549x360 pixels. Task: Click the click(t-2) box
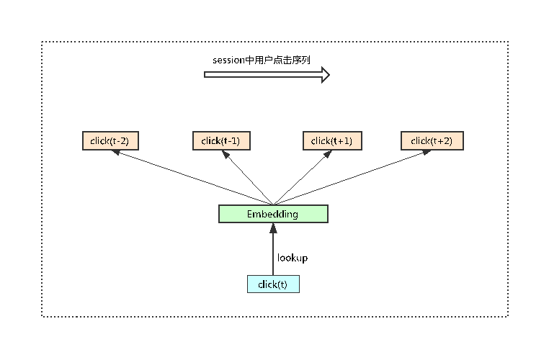[x=110, y=141]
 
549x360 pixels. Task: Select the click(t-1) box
[x=221, y=141]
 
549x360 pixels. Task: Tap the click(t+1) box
[x=331, y=141]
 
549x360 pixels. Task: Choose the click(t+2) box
[x=432, y=141]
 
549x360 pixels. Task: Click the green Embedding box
[x=273, y=214]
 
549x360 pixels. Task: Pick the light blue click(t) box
[x=273, y=284]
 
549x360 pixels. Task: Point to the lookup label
[x=293, y=258]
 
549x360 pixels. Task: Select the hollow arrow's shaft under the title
[x=259, y=74]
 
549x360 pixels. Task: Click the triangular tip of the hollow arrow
[x=326, y=74]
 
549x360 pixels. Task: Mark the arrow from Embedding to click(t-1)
[x=249, y=179]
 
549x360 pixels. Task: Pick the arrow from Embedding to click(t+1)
[x=298, y=179]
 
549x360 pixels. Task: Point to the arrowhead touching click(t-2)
[x=115, y=153]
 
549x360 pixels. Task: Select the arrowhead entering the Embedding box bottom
[x=273, y=227]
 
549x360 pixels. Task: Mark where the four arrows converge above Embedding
[x=273, y=204]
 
